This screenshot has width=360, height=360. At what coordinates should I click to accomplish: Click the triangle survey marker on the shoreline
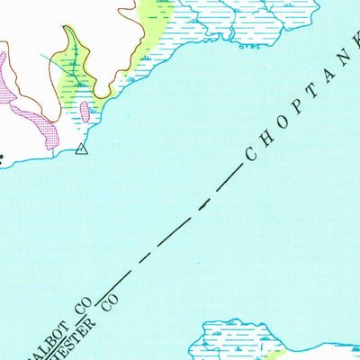82,149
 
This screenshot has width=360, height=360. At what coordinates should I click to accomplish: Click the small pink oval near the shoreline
85,112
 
